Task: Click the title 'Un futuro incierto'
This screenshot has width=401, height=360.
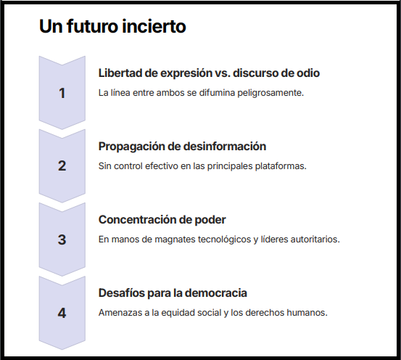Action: click(x=112, y=26)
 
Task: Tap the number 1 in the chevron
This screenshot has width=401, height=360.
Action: click(x=62, y=93)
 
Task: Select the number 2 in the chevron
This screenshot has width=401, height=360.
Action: click(x=62, y=166)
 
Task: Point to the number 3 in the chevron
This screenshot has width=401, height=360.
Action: click(x=62, y=240)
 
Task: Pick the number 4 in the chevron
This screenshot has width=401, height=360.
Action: click(x=62, y=313)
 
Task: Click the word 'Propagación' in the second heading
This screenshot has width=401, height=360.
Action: click(x=131, y=147)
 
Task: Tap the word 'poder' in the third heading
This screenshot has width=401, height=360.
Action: click(x=210, y=220)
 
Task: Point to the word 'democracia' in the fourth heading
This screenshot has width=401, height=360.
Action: click(x=216, y=293)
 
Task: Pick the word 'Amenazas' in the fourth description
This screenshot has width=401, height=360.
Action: click(x=120, y=313)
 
